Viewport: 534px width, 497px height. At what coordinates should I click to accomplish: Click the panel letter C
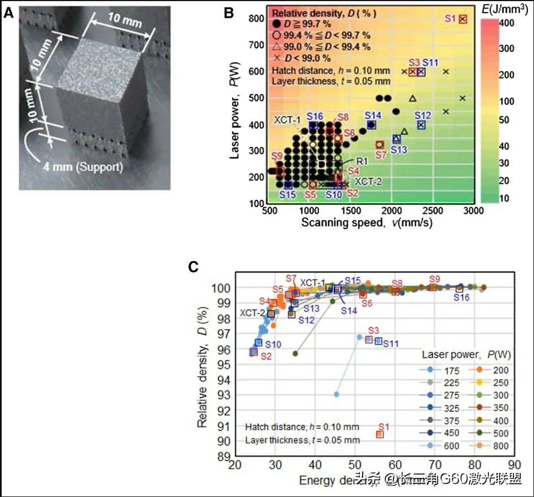tap(193, 267)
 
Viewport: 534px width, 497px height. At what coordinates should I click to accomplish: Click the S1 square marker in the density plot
tap(380, 434)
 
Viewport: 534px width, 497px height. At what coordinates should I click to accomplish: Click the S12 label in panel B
tap(422, 115)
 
